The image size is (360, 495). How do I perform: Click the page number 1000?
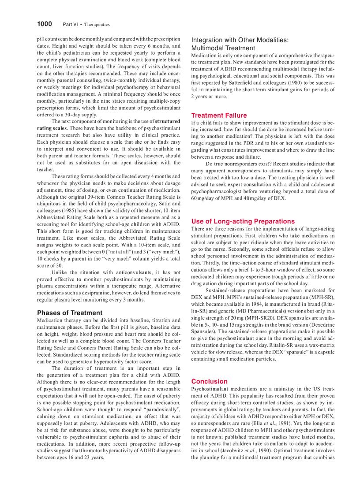(x=44, y=24)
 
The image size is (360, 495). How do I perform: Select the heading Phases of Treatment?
(x=70, y=313)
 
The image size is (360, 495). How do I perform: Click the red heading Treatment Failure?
(x=219, y=115)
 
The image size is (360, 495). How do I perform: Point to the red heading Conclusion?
(x=209, y=381)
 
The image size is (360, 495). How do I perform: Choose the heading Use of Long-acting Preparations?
(x=243, y=221)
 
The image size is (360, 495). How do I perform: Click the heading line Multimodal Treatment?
(x=223, y=48)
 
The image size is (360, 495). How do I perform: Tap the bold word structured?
(x=168, y=121)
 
